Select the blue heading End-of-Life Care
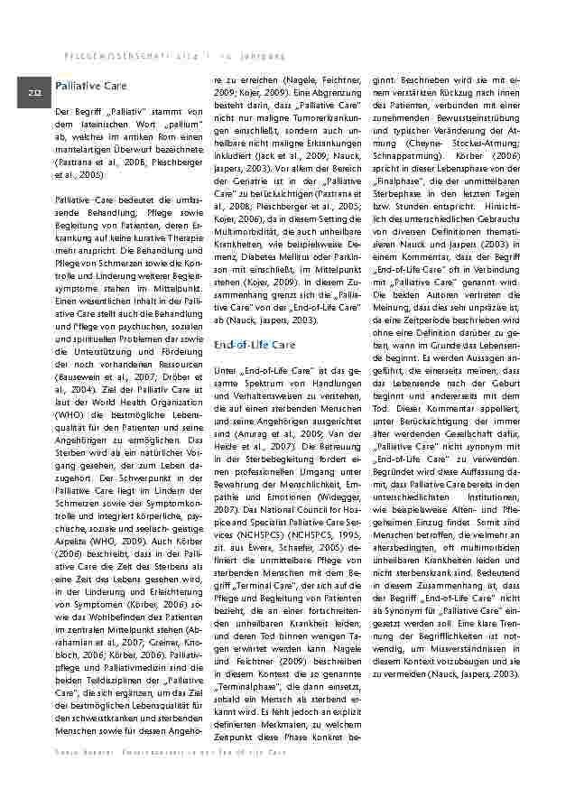click(254, 345)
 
